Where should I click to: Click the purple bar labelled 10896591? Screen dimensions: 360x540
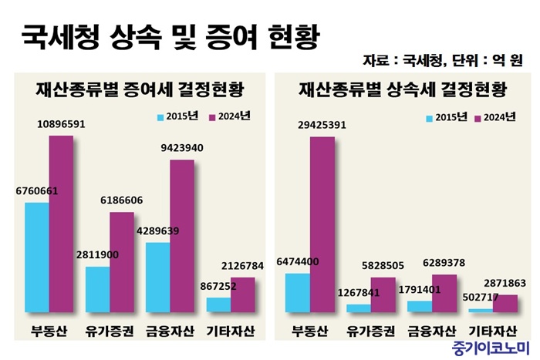(x=61, y=224)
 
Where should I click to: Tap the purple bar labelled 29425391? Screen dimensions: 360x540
(x=322, y=224)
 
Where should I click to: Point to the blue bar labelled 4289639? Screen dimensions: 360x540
(x=157, y=277)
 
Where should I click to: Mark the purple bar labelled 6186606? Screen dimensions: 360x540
(x=121, y=262)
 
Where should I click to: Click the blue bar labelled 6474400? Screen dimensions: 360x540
(x=297, y=292)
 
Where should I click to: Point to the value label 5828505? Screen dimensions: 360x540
(x=382, y=264)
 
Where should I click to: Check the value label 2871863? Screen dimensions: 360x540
(x=505, y=284)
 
